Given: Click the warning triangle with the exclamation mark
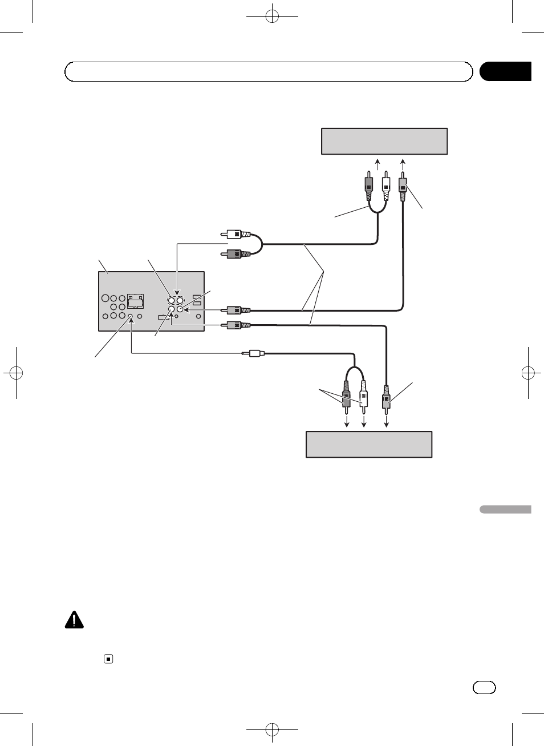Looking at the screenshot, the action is coord(74,620).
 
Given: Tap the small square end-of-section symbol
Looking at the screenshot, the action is coord(108,659).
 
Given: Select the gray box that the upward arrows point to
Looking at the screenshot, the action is coord(384,142).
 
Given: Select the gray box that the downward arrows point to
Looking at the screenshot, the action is coord(369,445).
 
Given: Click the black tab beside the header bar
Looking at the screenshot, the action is coord(505,71).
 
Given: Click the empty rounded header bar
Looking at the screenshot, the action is coord(269,72).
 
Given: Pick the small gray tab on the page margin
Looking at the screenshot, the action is coord(505,509).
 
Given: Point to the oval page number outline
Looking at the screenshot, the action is coord(484,687).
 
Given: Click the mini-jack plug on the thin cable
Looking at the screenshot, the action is coord(254,354).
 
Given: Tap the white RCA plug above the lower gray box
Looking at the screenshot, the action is coord(363,396).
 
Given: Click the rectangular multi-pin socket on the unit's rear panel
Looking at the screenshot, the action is coord(135,300).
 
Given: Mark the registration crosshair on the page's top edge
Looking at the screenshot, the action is coord(272,16).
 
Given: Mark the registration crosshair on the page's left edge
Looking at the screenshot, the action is coord(16,373).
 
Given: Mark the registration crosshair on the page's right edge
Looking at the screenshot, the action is coord(529,373).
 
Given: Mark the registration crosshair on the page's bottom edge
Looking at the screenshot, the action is coord(272,730).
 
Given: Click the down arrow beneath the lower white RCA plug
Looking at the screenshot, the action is coord(364,421).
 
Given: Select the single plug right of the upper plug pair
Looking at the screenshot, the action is coord(403,187).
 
